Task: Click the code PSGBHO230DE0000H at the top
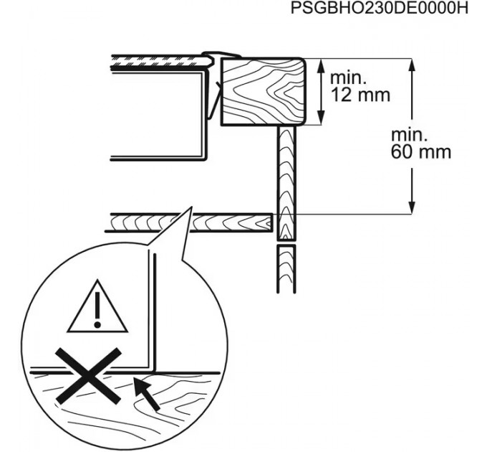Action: (x=379, y=9)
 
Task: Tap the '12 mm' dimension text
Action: (x=360, y=95)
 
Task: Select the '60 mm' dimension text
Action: (x=421, y=152)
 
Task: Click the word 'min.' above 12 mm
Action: (x=348, y=77)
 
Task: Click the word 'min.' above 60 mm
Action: (x=409, y=136)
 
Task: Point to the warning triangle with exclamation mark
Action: (x=97, y=306)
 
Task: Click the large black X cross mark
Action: (x=89, y=376)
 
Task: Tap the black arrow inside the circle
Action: (x=147, y=393)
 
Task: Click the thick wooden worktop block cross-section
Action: (x=263, y=92)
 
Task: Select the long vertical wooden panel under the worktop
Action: (x=286, y=183)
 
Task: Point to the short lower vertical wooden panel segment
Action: (x=286, y=269)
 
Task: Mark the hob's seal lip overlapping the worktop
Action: (x=221, y=55)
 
